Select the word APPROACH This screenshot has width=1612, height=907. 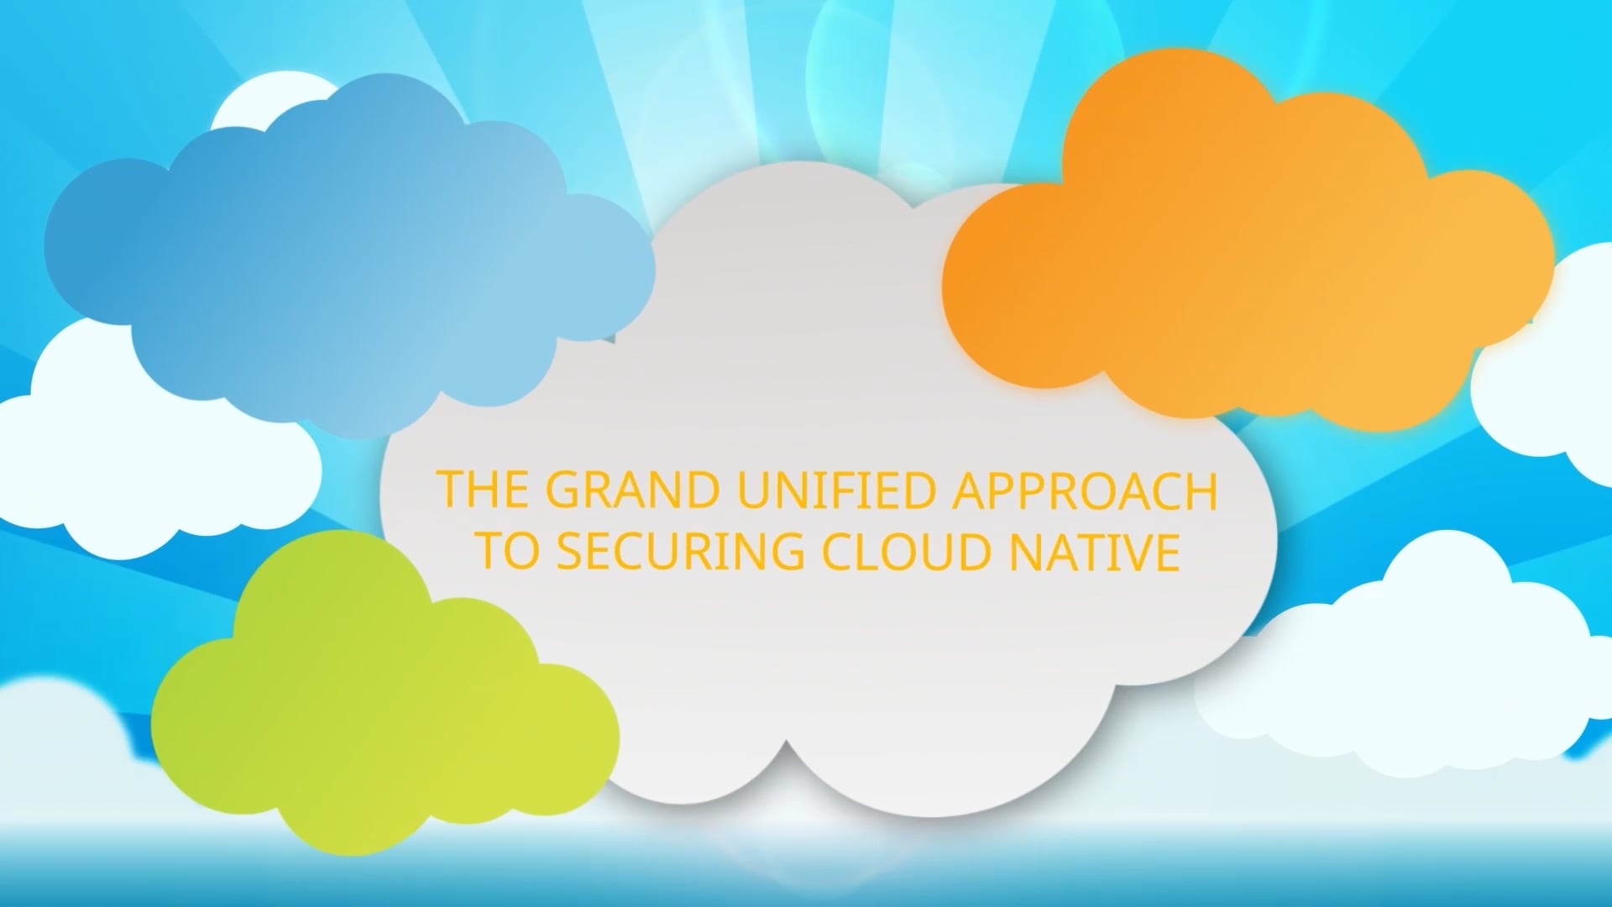pos(1084,490)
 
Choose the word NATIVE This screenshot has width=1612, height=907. pos(1095,553)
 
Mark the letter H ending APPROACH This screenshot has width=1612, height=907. pos(1199,490)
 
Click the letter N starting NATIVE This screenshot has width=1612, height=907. pos(1024,553)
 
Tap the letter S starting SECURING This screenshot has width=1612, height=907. pos(571,553)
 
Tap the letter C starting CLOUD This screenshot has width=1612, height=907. pos(838,553)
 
